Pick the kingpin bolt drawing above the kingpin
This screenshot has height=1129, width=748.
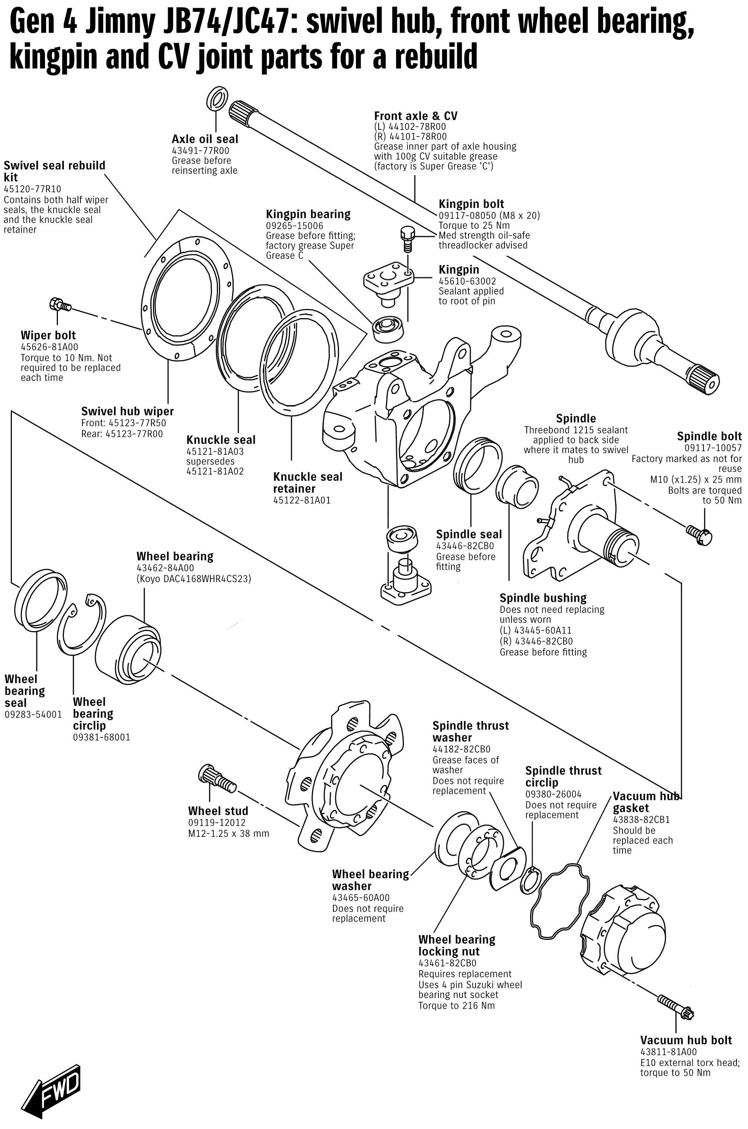[x=406, y=239]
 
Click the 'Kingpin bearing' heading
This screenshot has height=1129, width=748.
[x=308, y=214]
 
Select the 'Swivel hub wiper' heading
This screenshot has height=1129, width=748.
[x=127, y=411]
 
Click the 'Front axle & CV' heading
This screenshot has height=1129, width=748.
[x=415, y=116]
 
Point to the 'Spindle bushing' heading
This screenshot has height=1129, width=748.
[x=543, y=598]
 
